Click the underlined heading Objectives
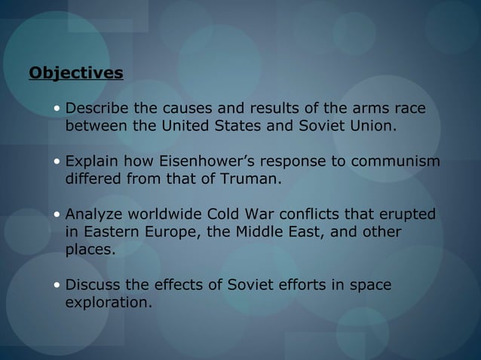(x=75, y=74)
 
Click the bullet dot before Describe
(x=57, y=111)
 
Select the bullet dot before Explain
(x=57, y=163)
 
